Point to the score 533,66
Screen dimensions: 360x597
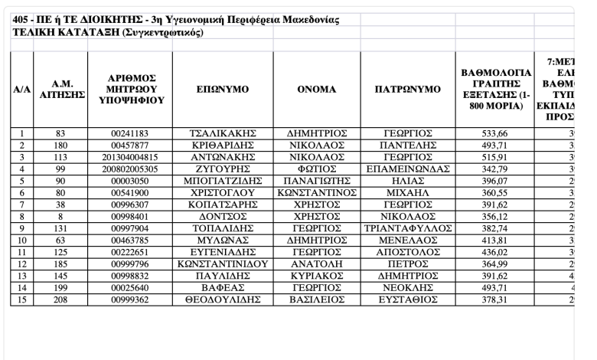click(497, 133)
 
